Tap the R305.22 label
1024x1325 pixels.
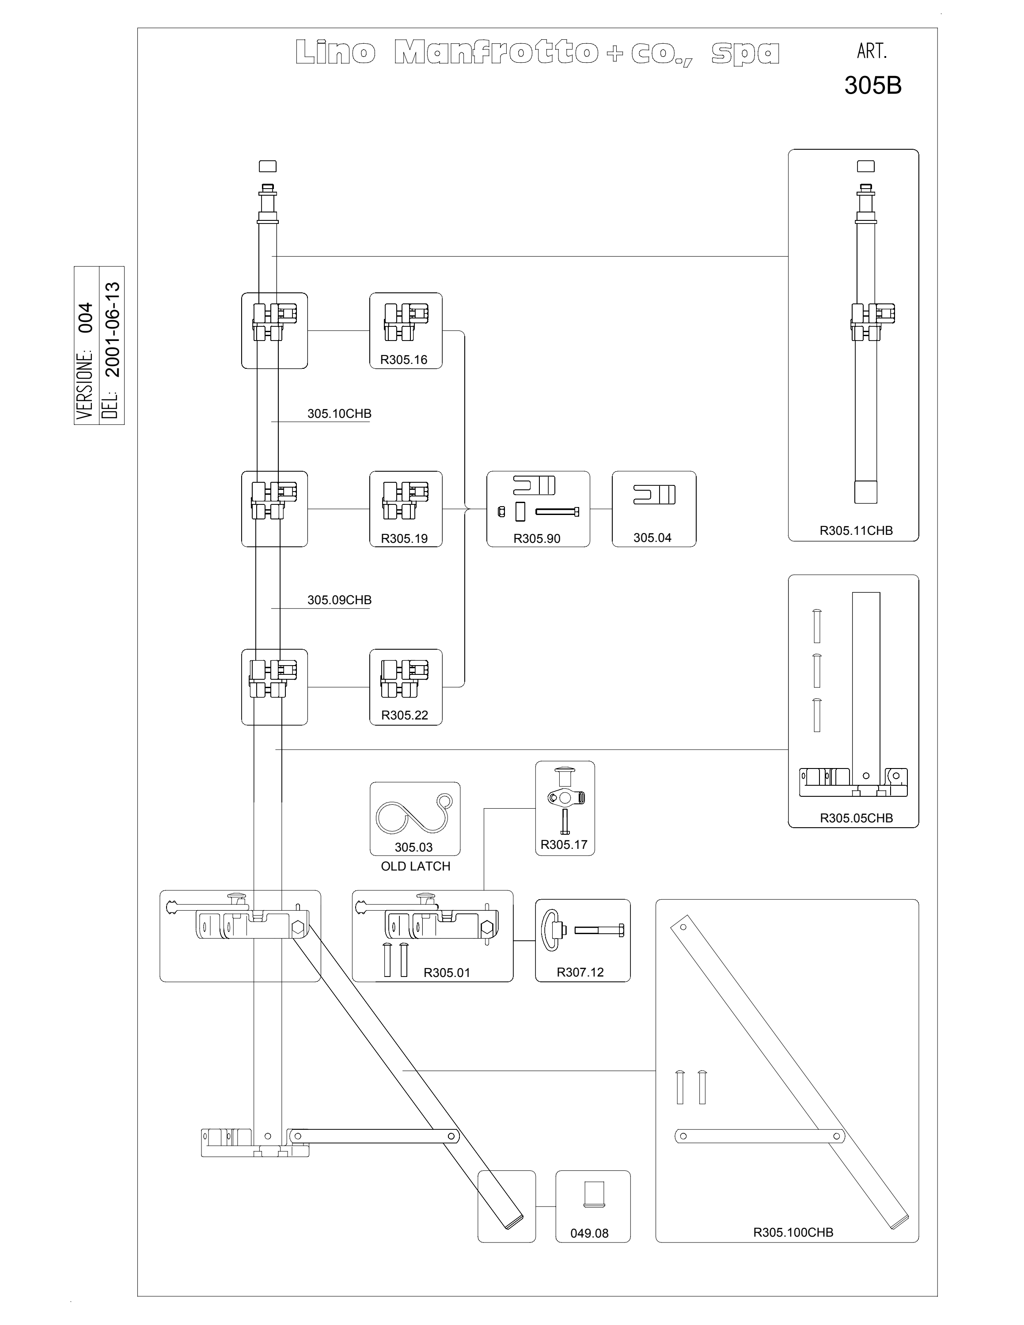405,715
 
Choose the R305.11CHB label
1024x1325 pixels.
856,530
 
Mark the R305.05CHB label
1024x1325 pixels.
856,818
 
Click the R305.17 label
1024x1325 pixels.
564,844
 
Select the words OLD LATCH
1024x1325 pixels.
416,867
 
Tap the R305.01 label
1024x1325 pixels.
447,973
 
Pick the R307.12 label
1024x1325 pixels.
580,972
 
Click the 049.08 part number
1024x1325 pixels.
589,1234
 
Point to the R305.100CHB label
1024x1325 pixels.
793,1232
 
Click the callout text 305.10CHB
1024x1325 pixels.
339,414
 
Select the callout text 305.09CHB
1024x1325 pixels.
339,600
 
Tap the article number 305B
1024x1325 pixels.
873,86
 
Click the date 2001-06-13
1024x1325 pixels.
113,330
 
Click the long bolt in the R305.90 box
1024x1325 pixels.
557,511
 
